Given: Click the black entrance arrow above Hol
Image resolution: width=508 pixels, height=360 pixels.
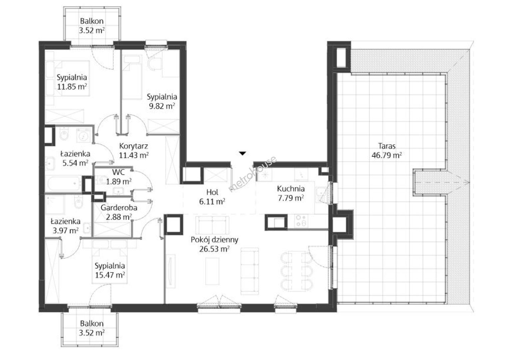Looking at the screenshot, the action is (243, 153).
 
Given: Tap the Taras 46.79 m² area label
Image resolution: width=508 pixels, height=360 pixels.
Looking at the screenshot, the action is (387, 150).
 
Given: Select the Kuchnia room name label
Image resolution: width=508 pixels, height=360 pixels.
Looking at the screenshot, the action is (291, 189).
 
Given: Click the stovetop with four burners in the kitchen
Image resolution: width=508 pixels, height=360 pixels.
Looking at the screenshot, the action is (301, 221).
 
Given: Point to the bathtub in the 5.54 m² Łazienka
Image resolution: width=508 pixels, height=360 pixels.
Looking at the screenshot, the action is (64, 184).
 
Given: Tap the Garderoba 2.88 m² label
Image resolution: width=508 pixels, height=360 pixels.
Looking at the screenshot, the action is (119, 212).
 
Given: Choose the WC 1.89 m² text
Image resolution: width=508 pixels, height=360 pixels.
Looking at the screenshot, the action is (119, 177).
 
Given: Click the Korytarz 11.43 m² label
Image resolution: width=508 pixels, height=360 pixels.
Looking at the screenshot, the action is (134, 150).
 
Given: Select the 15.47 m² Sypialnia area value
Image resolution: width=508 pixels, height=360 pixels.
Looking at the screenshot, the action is (110, 275).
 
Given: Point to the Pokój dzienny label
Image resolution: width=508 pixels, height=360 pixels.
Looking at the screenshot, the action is (214, 240).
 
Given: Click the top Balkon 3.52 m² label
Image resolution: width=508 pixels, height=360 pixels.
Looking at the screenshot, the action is (92, 26).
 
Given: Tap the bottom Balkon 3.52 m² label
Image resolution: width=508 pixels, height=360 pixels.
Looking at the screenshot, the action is (92, 328).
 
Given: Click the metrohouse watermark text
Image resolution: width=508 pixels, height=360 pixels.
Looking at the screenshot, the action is (253, 174).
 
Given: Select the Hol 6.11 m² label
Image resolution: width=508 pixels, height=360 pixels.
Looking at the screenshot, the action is (212, 197).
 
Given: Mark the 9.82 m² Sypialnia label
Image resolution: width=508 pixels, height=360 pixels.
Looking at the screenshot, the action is (162, 101).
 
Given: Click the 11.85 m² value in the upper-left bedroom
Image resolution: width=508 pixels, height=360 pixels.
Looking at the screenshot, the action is (72, 87).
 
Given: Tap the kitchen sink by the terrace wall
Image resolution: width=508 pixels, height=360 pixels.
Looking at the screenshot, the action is (321, 195).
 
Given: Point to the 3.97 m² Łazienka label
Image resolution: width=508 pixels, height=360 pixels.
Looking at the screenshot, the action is (66, 226).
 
